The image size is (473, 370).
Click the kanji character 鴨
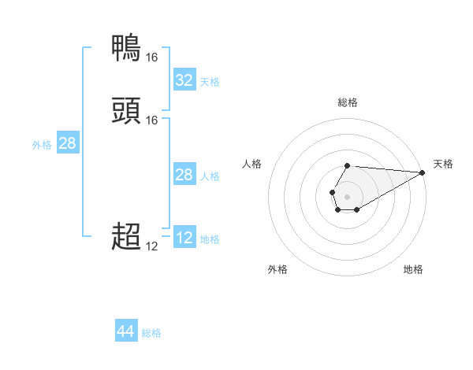click(127, 48)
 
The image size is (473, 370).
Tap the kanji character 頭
click(127, 111)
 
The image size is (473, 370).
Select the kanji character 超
click(127, 236)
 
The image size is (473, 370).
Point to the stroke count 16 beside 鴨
click(151, 57)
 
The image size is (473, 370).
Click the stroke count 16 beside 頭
click(151, 120)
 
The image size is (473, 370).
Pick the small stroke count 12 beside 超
click(151, 246)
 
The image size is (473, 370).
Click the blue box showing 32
click(184, 80)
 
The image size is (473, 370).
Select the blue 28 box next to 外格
click(67, 143)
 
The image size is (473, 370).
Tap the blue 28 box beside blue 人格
click(184, 175)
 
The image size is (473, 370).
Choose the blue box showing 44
click(125, 332)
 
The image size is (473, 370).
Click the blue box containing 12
click(184, 238)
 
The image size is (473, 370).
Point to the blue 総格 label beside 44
click(151, 333)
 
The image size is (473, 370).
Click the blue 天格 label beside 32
click(210, 81)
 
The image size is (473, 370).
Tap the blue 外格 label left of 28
click(42, 144)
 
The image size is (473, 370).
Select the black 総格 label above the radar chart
click(348, 102)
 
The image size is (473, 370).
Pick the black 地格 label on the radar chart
click(413, 269)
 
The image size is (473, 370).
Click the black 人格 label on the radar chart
click(252, 164)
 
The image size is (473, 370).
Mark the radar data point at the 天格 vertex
click(423, 173)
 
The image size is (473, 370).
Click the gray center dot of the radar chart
click(348, 195)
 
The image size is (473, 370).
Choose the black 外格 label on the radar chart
click(277, 269)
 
